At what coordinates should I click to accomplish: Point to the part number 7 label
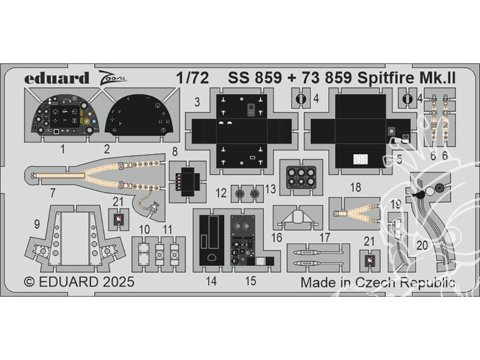(52, 193)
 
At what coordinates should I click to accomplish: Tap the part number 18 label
(356, 188)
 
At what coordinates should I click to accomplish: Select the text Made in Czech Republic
(378, 282)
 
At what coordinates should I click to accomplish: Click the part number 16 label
(276, 237)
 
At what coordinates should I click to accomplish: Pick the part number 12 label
(221, 193)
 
